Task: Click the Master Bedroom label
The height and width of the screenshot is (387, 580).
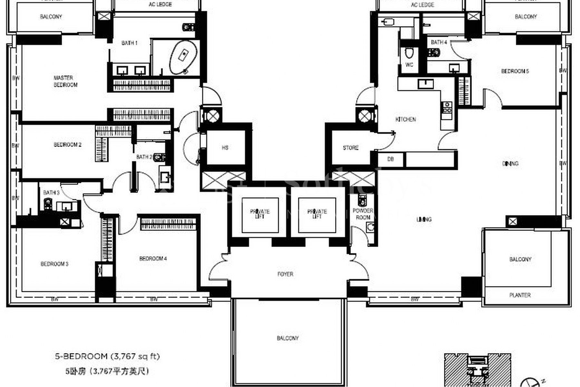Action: [65, 81]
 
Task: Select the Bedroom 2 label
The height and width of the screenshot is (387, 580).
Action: [67, 145]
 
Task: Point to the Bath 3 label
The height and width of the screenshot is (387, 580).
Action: [51, 193]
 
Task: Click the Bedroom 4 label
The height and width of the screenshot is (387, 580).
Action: [153, 259]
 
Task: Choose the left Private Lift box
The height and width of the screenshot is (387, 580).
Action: [260, 214]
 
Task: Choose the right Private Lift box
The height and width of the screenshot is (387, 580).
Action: [317, 214]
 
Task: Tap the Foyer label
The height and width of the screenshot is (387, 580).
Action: [285, 274]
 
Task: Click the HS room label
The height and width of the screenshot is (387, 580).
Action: [225, 148]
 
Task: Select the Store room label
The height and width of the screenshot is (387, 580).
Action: [351, 148]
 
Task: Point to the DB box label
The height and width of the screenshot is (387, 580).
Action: [391, 159]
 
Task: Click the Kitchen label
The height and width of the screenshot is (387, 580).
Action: [405, 119]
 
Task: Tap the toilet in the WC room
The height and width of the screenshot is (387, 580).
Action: [409, 53]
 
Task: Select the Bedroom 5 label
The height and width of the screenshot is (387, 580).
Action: [515, 71]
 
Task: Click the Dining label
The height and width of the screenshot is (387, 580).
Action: [510, 164]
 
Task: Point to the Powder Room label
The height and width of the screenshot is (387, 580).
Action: [363, 214]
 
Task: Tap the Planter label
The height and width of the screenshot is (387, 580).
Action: [520, 295]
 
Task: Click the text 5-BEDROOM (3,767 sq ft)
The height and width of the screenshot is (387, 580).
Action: [107, 356]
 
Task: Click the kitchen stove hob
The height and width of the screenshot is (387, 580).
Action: [447, 107]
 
